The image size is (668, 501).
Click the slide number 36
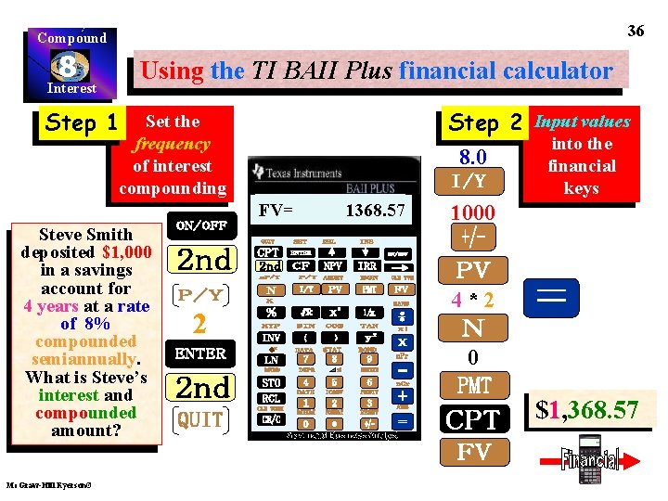click(x=636, y=31)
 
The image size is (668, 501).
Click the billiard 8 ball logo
click(x=71, y=66)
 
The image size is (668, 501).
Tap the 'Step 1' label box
click(x=81, y=122)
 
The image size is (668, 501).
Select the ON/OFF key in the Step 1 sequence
click(x=200, y=225)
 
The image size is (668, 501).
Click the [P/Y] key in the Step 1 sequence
click(x=199, y=294)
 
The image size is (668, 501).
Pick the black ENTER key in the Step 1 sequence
click(x=200, y=353)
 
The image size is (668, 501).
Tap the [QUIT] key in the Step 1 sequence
click(x=200, y=419)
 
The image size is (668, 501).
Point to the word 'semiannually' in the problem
click(x=85, y=359)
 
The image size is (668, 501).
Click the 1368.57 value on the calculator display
click(x=376, y=212)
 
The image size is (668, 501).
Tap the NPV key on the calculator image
click(x=333, y=266)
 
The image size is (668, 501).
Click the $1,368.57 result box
click(x=587, y=409)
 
